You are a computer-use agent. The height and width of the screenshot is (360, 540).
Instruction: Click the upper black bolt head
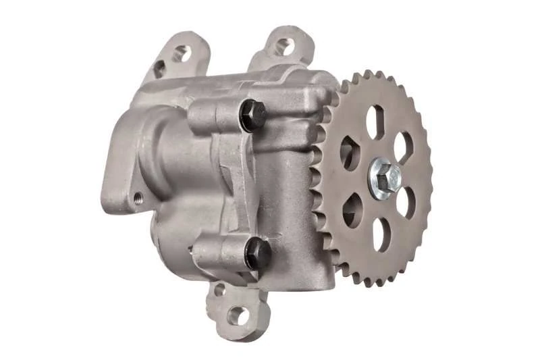point(250,115)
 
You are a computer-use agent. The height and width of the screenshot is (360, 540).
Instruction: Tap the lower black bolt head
point(258,253)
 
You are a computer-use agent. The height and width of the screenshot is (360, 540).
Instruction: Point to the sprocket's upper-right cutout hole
point(403,145)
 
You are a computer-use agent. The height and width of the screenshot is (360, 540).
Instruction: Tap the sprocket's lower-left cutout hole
point(352,209)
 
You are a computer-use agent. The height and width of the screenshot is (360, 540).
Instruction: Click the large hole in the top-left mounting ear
point(181,53)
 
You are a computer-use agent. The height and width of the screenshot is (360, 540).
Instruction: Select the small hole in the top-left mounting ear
point(159,68)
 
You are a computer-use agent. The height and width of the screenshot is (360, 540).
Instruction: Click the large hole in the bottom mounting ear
point(238,315)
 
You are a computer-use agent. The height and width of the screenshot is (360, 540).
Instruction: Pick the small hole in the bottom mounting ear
point(219,291)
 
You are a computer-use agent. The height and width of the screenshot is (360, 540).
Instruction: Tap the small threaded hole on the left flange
point(138,198)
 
